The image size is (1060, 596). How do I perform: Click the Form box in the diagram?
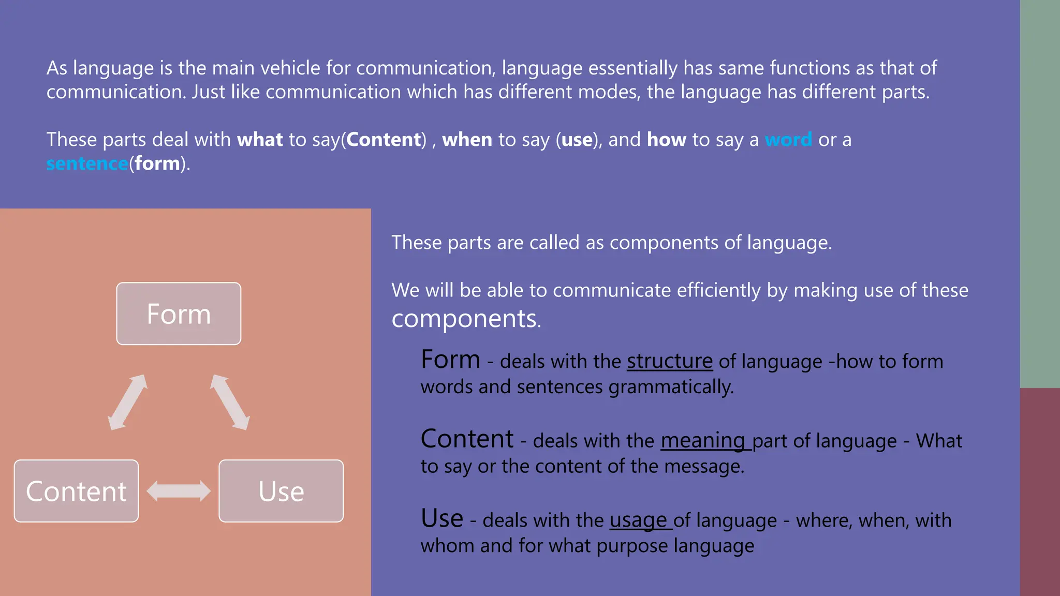click(179, 314)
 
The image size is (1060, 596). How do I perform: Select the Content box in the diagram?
click(76, 491)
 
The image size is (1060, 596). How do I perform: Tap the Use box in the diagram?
click(281, 491)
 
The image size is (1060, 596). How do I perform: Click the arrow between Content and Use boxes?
click(179, 491)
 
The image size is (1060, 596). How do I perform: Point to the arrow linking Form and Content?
click(128, 402)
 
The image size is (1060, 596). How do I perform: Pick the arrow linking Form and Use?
click(230, 402)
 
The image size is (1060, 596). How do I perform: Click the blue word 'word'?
click(788, 140)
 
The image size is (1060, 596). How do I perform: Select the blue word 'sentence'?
click(87, 163)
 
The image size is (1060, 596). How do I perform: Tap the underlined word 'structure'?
click(670, 361)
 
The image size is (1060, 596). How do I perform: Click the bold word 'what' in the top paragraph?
click(260, 140)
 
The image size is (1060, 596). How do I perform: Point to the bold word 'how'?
click(667, 140)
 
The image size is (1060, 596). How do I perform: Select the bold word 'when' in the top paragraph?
click(467, 140)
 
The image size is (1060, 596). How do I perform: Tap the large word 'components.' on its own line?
click(466, 319)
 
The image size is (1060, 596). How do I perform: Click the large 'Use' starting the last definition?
click(442, 518)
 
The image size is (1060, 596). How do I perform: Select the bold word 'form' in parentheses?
click(157, 163)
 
